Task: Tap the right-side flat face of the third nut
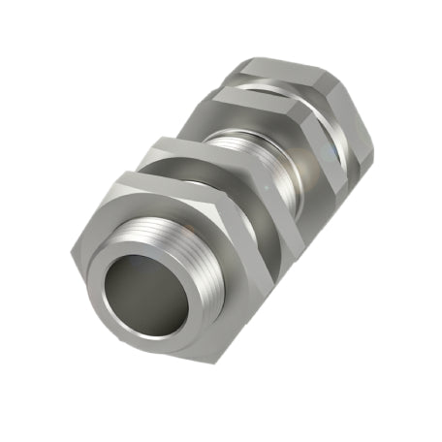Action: [x=334, y=145]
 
